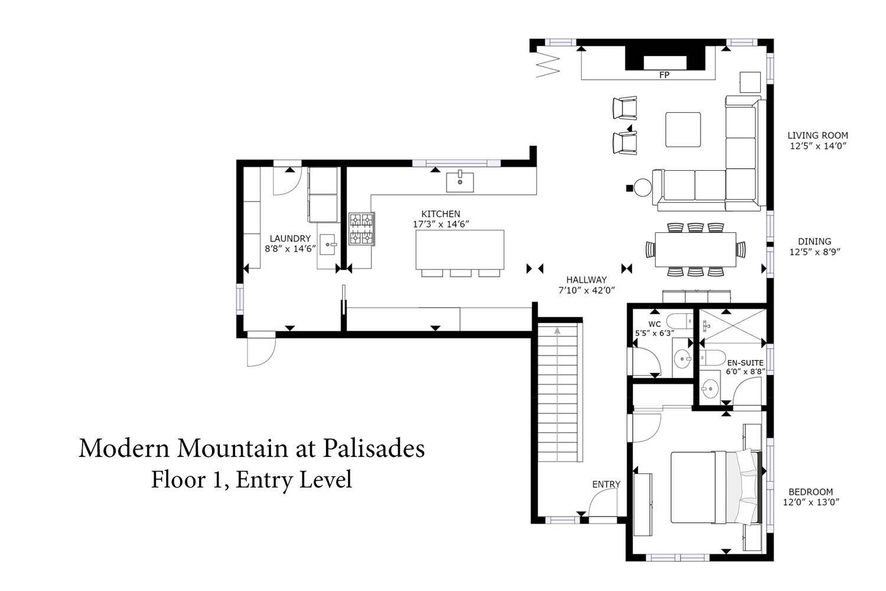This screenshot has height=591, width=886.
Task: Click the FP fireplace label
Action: tap(664, 75)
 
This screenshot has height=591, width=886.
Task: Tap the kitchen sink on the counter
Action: tap(460, 181)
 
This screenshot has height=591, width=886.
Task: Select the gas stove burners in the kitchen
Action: tap(361, 229)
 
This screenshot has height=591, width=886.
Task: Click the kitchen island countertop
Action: tap(460, 249)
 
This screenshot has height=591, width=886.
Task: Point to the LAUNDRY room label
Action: tap(290, 238)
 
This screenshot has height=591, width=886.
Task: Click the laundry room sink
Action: tap(328, 244)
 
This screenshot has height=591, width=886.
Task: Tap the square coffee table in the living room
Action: tap(683, 129)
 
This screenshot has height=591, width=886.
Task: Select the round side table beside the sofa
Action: tap(643, 187)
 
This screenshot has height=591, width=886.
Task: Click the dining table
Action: tap(695, 250)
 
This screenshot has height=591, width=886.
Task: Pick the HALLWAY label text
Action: tap(586, 280)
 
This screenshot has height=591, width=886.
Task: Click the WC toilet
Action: tap(680, 320)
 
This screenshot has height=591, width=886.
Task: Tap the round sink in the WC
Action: tap(683, 359)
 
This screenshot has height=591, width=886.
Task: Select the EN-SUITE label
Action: tap(745, 363)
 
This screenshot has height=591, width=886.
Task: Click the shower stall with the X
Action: tap(733, 326)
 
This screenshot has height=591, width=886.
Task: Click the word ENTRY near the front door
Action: tap(606, 484)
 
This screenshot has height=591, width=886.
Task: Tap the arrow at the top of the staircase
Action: tap(558, 330)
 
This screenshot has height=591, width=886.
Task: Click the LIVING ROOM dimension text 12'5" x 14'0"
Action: tap(818, 145)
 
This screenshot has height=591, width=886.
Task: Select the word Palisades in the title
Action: tap(374, 449)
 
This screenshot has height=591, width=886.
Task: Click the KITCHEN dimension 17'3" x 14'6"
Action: tap(441, 224)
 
